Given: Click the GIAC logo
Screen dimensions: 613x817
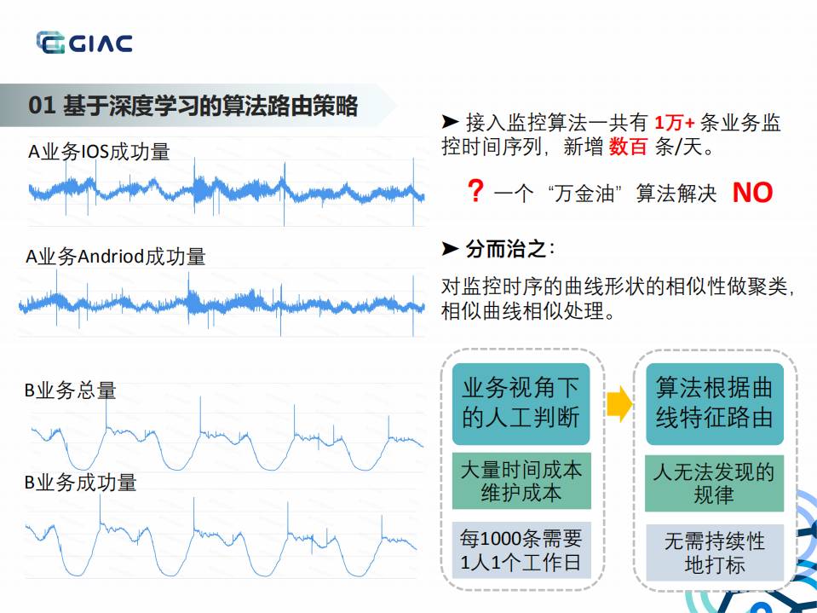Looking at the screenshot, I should point(83,42).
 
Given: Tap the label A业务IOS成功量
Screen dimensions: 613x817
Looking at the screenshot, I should point(99,153).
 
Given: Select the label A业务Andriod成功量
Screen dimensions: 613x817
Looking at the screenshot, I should point(116,257).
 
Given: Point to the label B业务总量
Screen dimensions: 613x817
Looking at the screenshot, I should point(70,391).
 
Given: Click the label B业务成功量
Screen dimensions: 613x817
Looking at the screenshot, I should point(80,483).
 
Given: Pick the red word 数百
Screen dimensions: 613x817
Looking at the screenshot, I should point(628,147).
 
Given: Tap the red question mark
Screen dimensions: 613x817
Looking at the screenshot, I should point(475,191).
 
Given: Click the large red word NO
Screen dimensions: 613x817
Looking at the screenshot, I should point(752,193).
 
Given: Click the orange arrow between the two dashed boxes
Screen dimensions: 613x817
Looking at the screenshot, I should point(619,403).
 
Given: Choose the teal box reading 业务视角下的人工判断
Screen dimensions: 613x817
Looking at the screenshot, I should point(521,403).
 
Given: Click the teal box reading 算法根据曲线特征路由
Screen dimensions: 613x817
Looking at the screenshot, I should point(714,403).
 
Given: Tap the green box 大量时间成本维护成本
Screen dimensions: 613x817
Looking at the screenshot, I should point(521,481).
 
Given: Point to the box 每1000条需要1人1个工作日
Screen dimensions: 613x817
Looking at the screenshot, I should point(521,550).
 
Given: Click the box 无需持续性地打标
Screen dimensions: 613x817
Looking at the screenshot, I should point(714,552).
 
